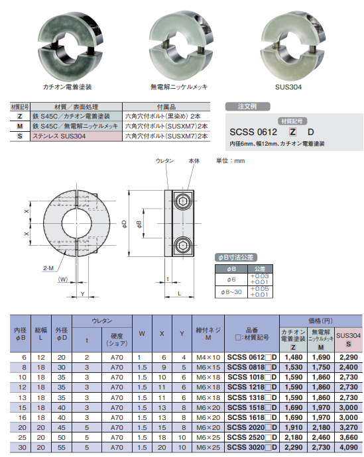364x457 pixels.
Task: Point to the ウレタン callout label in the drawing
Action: pos(164,161)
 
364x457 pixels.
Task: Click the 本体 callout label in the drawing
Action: pos(194,161)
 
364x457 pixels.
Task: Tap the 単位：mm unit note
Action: pos(231,161)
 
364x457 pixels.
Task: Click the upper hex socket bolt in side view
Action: pos(184,201)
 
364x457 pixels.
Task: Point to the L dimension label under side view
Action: pos(180,292)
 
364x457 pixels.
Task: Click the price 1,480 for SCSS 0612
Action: pos(293,356)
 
